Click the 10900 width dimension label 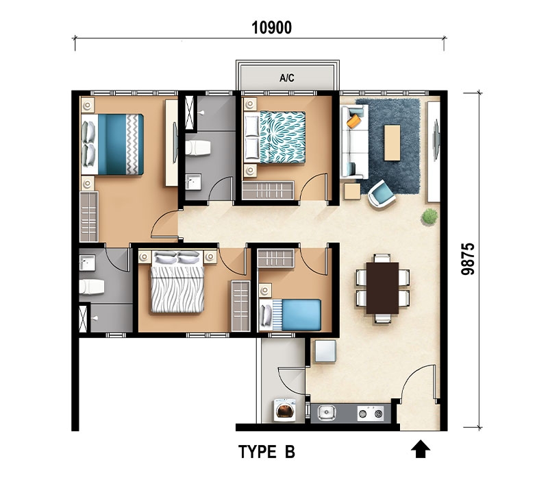pos(271,27)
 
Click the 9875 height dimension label pos(468,259)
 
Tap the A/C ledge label pos(286,77)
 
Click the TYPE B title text pos(266,452)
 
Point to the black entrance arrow pos(421,450)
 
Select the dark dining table pos(382,288)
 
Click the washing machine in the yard pos(284,409)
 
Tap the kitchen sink pos(327,413)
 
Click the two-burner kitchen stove pos(371,413)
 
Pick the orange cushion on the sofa pos(353,121)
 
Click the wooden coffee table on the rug pos(392,143)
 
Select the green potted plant pos(429,216)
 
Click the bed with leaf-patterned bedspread pos(275,137)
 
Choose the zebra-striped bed pos(177,282)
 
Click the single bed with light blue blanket pos(290,315)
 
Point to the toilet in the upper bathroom pos(198,147)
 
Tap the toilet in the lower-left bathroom pos(92,287)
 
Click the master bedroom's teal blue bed pos(112,144)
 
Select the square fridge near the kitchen pos(325,351)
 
